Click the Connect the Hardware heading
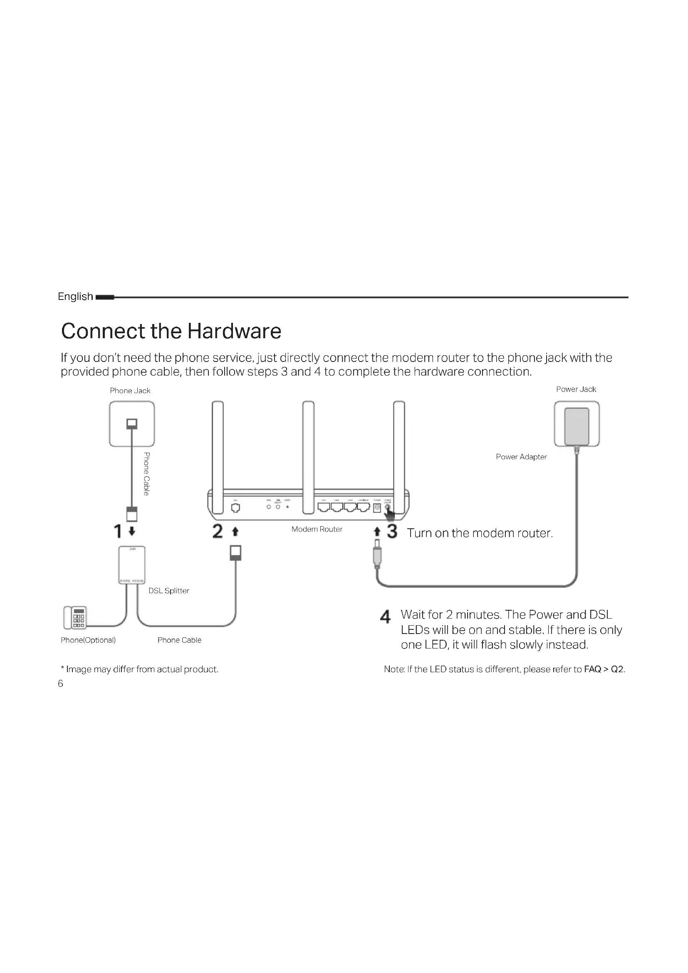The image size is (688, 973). click(x=171, y=331)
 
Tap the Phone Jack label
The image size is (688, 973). click(x=130, y=391)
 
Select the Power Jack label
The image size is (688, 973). click(x=576, y=389)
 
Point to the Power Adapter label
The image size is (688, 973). click(x=521, y=457)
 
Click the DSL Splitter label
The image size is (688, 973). click(x=168, y=591)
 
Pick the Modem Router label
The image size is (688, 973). click(x=317, y=529)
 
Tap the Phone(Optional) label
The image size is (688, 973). click(x=88, y=640)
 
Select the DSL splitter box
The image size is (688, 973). click(x=132, y=565)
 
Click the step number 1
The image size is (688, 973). click(x=118, y=531)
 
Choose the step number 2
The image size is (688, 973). click(x=217, y=531)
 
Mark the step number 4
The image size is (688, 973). click(x=385, y=617)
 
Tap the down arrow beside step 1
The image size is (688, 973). click(x=132, y=531)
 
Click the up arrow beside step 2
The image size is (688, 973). click(x=235, y=531)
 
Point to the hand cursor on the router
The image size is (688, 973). click(x=389, y=515)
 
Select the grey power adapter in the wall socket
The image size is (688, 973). click(x=577, y=426)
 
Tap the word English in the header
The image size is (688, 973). click(x=75, y=297)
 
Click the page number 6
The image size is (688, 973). click(x=60, y=683)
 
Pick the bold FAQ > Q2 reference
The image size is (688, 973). click(x=604, y=669)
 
